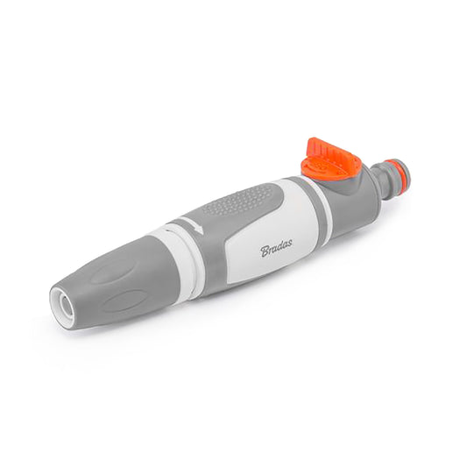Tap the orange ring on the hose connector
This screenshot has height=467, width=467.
(394, 170)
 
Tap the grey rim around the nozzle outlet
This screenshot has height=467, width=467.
(56, 298)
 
